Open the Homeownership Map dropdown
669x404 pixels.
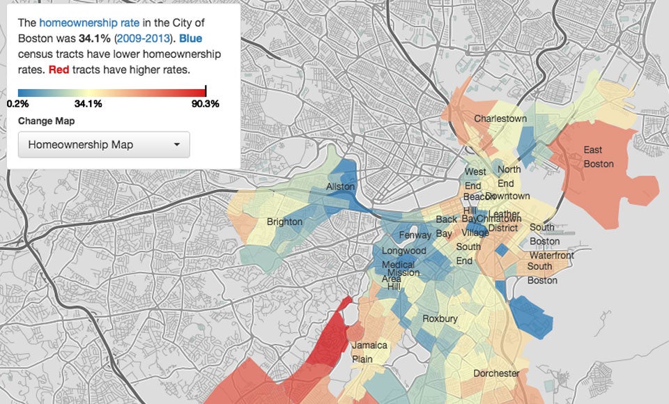point(104,145)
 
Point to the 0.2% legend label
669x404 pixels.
point(17,104)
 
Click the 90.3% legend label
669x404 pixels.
point(205,104)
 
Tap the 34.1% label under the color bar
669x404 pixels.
point(88,104)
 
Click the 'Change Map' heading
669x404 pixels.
point(46,121)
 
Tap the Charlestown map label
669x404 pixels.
point(500,119)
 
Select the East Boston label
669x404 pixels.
point(598,157)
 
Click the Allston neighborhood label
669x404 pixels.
point(341,187)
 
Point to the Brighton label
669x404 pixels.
point(284,222)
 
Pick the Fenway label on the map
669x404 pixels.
point(415,235)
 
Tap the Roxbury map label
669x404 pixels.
point(440,319)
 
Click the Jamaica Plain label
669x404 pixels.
point(370,352)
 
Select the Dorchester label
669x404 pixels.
point(496,373)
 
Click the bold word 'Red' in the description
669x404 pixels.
point(59,70)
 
